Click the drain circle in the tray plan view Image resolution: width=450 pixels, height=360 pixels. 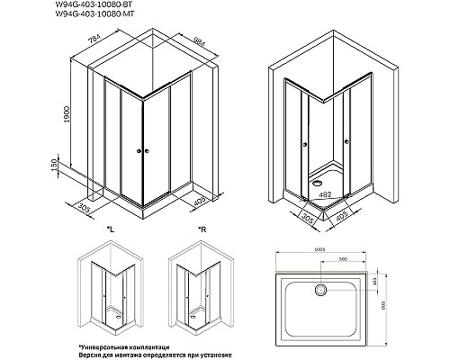pos(320,289)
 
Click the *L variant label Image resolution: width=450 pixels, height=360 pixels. pos(110,231)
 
